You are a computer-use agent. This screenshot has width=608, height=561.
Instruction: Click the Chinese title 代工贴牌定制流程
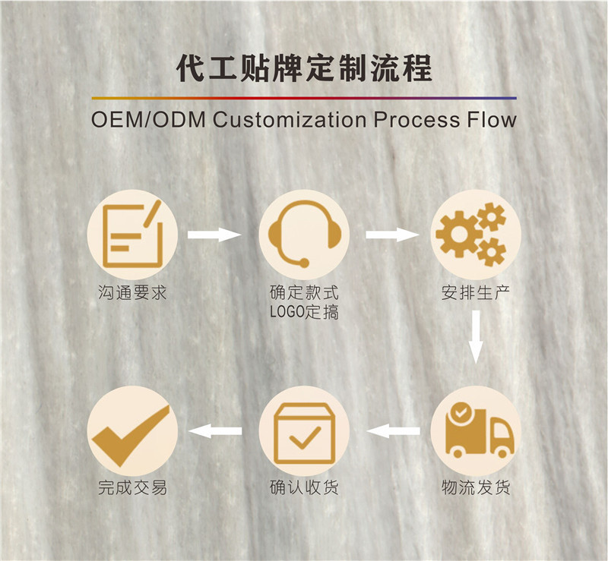[x=304, y=69]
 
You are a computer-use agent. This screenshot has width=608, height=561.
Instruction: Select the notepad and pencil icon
[x=132, y=234]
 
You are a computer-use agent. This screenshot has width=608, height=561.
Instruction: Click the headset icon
[x=304, y=234]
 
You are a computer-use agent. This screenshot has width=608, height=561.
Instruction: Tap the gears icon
[x=475, y=234]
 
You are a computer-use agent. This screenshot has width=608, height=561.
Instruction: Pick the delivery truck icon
[x=476, y=431]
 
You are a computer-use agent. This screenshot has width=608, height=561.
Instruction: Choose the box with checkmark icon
[x=304, y=431]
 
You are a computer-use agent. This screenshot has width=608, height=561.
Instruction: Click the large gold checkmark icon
[x=132, y=431]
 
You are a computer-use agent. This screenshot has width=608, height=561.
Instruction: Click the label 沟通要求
[x=132, y=292]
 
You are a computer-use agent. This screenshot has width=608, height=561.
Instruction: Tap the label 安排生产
[x=476, y=292]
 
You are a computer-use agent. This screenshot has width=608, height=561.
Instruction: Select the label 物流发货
[x=476, y=487]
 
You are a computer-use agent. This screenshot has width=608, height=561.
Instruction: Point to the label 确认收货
[x=304, y=487]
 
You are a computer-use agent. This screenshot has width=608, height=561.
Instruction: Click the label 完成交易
[x=132, y=487]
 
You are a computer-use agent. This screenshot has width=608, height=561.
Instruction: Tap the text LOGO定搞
[x=304, y=312]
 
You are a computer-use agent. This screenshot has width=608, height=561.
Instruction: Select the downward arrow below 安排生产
[x=476, y=336]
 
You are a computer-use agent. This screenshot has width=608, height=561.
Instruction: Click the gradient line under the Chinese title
[x=304, y=98]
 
